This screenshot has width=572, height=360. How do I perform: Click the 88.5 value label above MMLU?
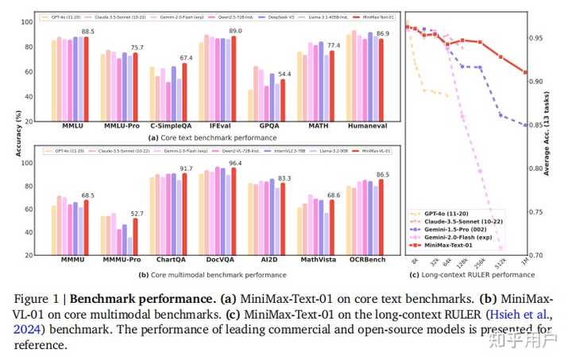pos(88,31)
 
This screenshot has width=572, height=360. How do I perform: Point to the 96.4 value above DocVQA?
pos(235,163)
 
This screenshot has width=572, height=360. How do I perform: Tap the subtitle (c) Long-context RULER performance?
pos(472,275)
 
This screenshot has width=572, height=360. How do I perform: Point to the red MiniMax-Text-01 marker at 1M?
pos(525,72)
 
